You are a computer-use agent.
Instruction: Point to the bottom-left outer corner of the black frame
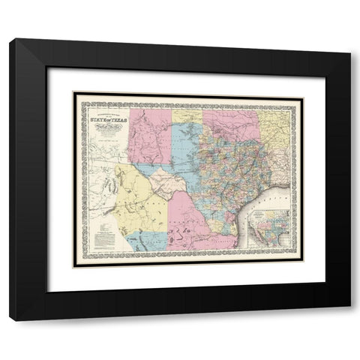(9, 320)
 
